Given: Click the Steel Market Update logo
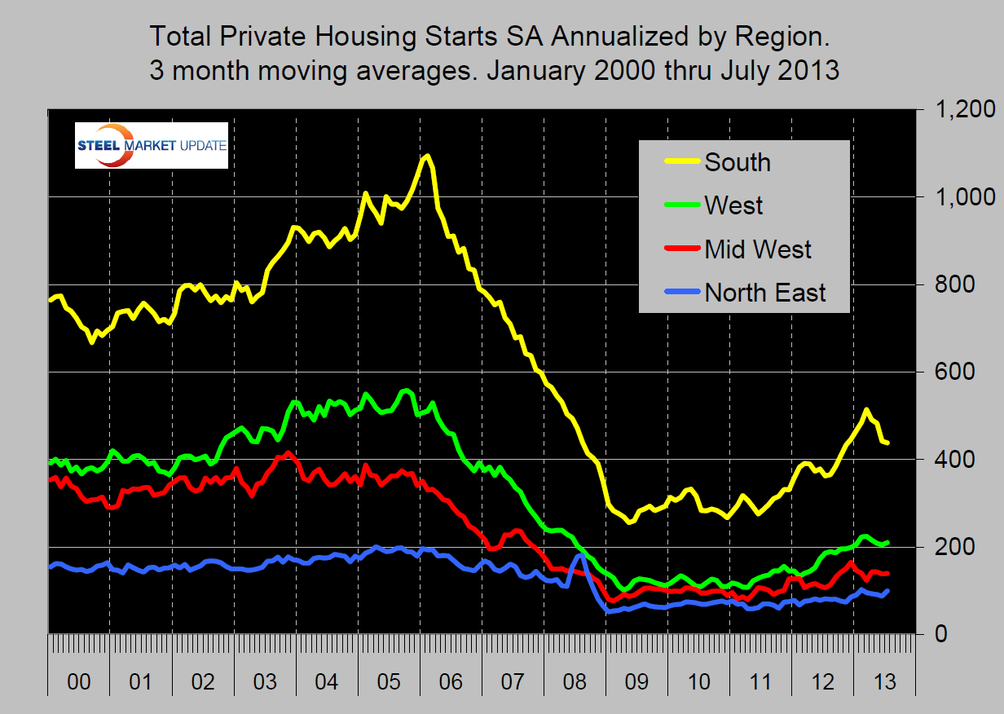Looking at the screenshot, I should coord(151,145).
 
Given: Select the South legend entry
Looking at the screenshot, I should coord(738,162).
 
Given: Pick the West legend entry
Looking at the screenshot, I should coord(733,205).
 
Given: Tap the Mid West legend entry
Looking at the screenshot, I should coord(758,249).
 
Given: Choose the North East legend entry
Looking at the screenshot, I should coord(764,292).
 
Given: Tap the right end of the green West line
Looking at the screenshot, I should coord(887,542).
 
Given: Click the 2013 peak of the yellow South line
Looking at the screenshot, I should coord(866,410).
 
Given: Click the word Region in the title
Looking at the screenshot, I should coord(780,37).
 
